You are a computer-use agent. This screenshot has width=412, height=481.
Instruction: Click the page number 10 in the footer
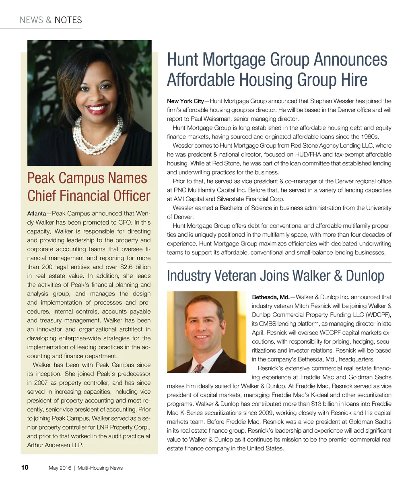[25, 467]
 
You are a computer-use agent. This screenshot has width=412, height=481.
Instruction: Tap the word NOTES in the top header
[68, 20]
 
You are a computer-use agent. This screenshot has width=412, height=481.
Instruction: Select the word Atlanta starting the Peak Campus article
[36, 213]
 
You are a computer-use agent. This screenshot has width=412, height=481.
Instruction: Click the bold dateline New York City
[185, 101]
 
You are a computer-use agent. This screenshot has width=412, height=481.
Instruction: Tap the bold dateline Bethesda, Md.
[270, 297]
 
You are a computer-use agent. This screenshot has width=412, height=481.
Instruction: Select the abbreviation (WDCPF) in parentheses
[378, 315]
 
